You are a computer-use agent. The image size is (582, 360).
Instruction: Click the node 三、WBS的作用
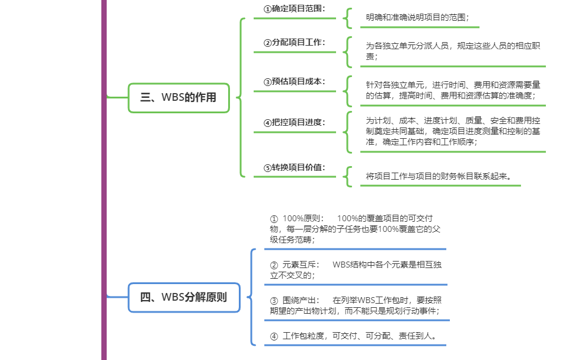(x=178, y=98)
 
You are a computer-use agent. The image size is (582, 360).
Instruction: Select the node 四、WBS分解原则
(x=184, y=297)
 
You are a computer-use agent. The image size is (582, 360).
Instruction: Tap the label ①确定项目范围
(x=295, y=9)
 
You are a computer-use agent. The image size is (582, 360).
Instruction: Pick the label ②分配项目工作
(x=295, y=43)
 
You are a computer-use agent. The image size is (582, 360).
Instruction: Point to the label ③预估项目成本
(x=295, y=82)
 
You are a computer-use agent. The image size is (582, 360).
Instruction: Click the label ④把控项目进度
(x=295, y=122)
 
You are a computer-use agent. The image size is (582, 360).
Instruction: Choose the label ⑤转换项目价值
(x=295, y=167)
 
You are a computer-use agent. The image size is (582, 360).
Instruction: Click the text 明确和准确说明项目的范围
(x=416, y=18)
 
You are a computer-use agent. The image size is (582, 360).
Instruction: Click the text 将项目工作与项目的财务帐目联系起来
(x=439, y=176)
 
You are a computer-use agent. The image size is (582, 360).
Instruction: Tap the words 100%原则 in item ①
(x=304, y=218)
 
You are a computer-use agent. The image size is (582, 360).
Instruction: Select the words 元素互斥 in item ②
(x=302, y=265)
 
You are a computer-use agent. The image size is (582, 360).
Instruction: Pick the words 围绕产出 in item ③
(x=302, y=300)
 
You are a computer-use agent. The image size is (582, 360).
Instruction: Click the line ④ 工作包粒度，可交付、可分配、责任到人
(x=354, y=336)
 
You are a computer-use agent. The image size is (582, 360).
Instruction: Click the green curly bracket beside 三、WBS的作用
(x=241, y=98)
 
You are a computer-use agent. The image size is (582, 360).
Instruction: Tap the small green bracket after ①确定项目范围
(x=347, y=18)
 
